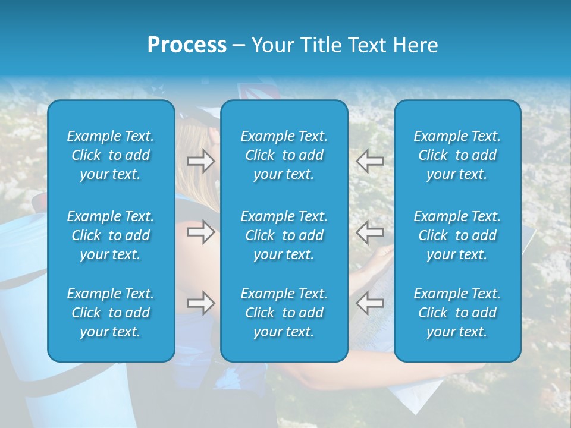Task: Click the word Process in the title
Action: tap(187, 45)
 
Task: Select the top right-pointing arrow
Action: tap(200, 161)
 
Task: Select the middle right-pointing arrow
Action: tap(200, 232)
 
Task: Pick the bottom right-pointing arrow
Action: tap(200, 303)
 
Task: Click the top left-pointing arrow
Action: tap(369, 161)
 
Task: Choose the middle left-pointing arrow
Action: tap(369, 232)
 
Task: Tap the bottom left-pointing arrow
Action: tap(369, 303)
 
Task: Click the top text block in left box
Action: tap(111, 155)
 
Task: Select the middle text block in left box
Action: tap(111, 235)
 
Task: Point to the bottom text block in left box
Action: tap(111, 313)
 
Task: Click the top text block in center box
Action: tap(284, 155)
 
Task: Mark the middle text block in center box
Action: tap(284, 235)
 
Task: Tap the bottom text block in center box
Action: tap(284, 313)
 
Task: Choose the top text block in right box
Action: tap(457, 155)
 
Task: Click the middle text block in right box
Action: tap(457, 235)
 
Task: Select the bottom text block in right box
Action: tap(457, 313)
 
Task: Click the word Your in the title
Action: tap(272, 45)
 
